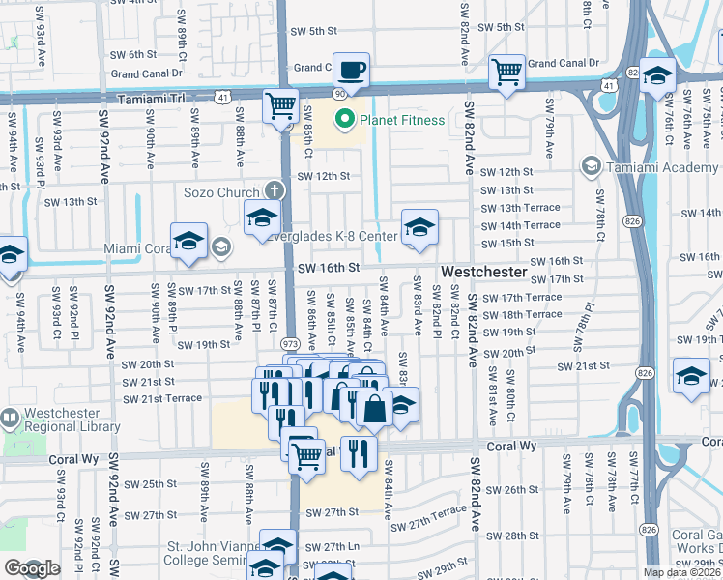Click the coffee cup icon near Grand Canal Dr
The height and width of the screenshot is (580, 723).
(x=352, y=70)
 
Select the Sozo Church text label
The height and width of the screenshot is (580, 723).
(x=221, y=192)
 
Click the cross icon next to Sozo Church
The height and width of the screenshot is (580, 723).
(x=275, y=191)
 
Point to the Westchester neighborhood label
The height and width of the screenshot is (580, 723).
(x=484, y=272)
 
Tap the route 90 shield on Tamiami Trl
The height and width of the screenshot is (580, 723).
(x=340, y=93)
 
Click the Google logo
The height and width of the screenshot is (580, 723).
(x=32, y=568)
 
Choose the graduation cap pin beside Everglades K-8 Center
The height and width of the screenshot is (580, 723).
(x=419, y=227)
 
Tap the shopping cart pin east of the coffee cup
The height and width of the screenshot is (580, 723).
(x=506, y=71)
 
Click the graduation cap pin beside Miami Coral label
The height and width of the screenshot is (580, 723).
(x=188, y=242)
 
